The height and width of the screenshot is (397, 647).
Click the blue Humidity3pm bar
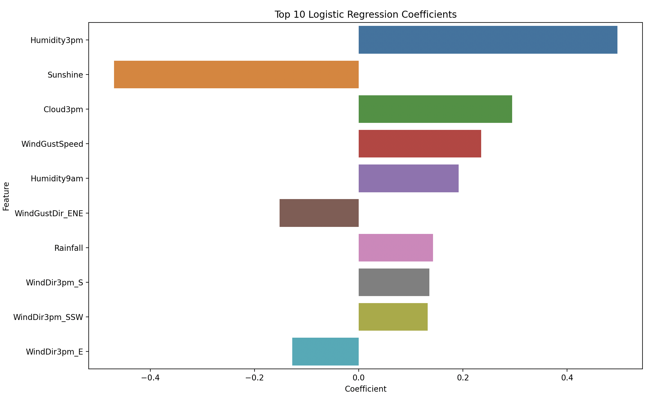tap(488, 40)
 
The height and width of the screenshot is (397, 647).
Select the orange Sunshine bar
tap(236, 75)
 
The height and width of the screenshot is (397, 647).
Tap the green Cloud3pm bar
tap(435, 109)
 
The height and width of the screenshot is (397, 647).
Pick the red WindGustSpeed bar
tap(420, 144)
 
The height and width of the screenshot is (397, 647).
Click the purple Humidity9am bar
tap(408, 178)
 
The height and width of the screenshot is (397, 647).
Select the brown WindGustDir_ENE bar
tap(319, 213)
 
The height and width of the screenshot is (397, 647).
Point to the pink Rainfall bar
tap(396, 248)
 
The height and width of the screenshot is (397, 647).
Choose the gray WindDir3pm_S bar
tap(394, 282)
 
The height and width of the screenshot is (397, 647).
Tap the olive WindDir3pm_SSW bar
tap(393, 317)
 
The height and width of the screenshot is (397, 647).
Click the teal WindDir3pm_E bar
tap(325, 351)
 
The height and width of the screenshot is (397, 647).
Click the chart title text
tap(365, 14)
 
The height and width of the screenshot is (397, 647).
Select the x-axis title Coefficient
tap(365, 389)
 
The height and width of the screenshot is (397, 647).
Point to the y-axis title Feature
tap(6, 196)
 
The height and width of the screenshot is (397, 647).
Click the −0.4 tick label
tap(150, 378)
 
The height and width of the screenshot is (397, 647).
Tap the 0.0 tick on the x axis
tap(358, 378)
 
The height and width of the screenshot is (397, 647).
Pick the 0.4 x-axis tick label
tap(567, 378)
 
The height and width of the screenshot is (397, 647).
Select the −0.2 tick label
tap(254, 378)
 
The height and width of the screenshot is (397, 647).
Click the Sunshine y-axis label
tap(65, 75)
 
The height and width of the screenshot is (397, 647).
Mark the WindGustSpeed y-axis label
tap(52, 144)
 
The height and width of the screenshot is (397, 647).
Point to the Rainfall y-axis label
tap(69, 248)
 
